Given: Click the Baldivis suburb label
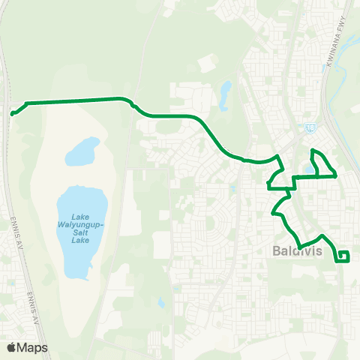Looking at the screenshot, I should coord(295,252).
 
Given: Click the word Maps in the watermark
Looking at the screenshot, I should coord(33,347).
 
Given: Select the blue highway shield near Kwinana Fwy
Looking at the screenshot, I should coord(309,127).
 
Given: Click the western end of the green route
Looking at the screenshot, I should coord(13,114).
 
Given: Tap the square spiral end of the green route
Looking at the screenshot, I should coord(343,256).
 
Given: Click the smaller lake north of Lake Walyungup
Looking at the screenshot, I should coord(82,152).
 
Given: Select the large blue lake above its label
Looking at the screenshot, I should coord(81,202).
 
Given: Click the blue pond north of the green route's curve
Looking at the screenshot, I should coord(226,93).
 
